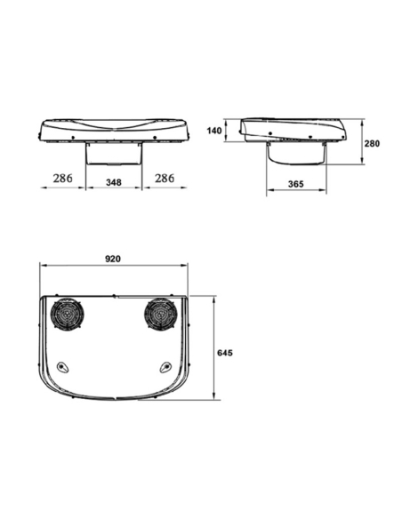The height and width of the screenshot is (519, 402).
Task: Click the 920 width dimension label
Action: coord(113,259)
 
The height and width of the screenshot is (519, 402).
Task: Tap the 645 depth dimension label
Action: coord(225,353)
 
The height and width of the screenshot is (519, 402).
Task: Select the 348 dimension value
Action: coord(114,182)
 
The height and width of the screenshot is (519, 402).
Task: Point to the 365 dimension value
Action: coord(295,184)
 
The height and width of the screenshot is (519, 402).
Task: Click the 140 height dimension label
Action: coord(214,131)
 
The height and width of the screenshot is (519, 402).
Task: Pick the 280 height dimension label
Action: coord(372,144)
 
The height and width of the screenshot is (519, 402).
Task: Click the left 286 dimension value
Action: coord(62,179)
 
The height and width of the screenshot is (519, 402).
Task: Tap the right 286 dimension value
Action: coord(165,179)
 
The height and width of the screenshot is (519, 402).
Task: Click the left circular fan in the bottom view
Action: coord(68,314)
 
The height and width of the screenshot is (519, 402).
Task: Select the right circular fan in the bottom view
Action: coord(161,314)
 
